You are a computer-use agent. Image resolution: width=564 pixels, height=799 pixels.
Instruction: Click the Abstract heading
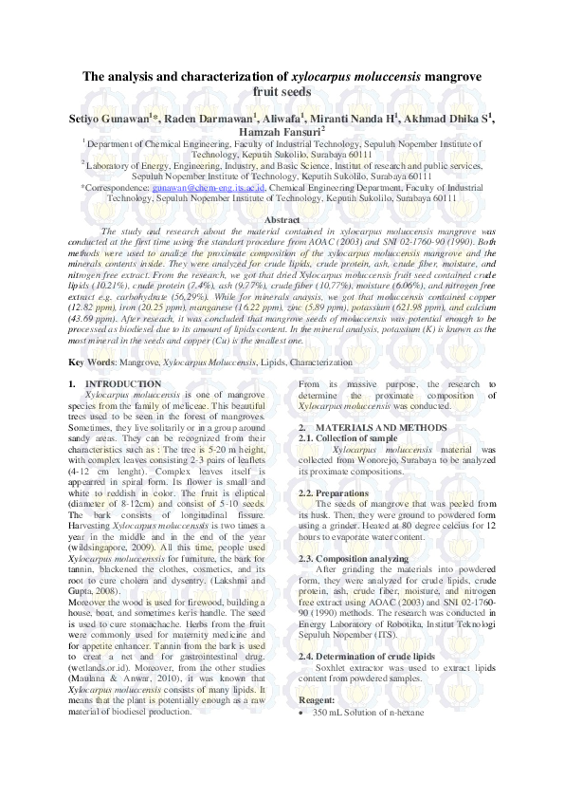click(x=282, y=220)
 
